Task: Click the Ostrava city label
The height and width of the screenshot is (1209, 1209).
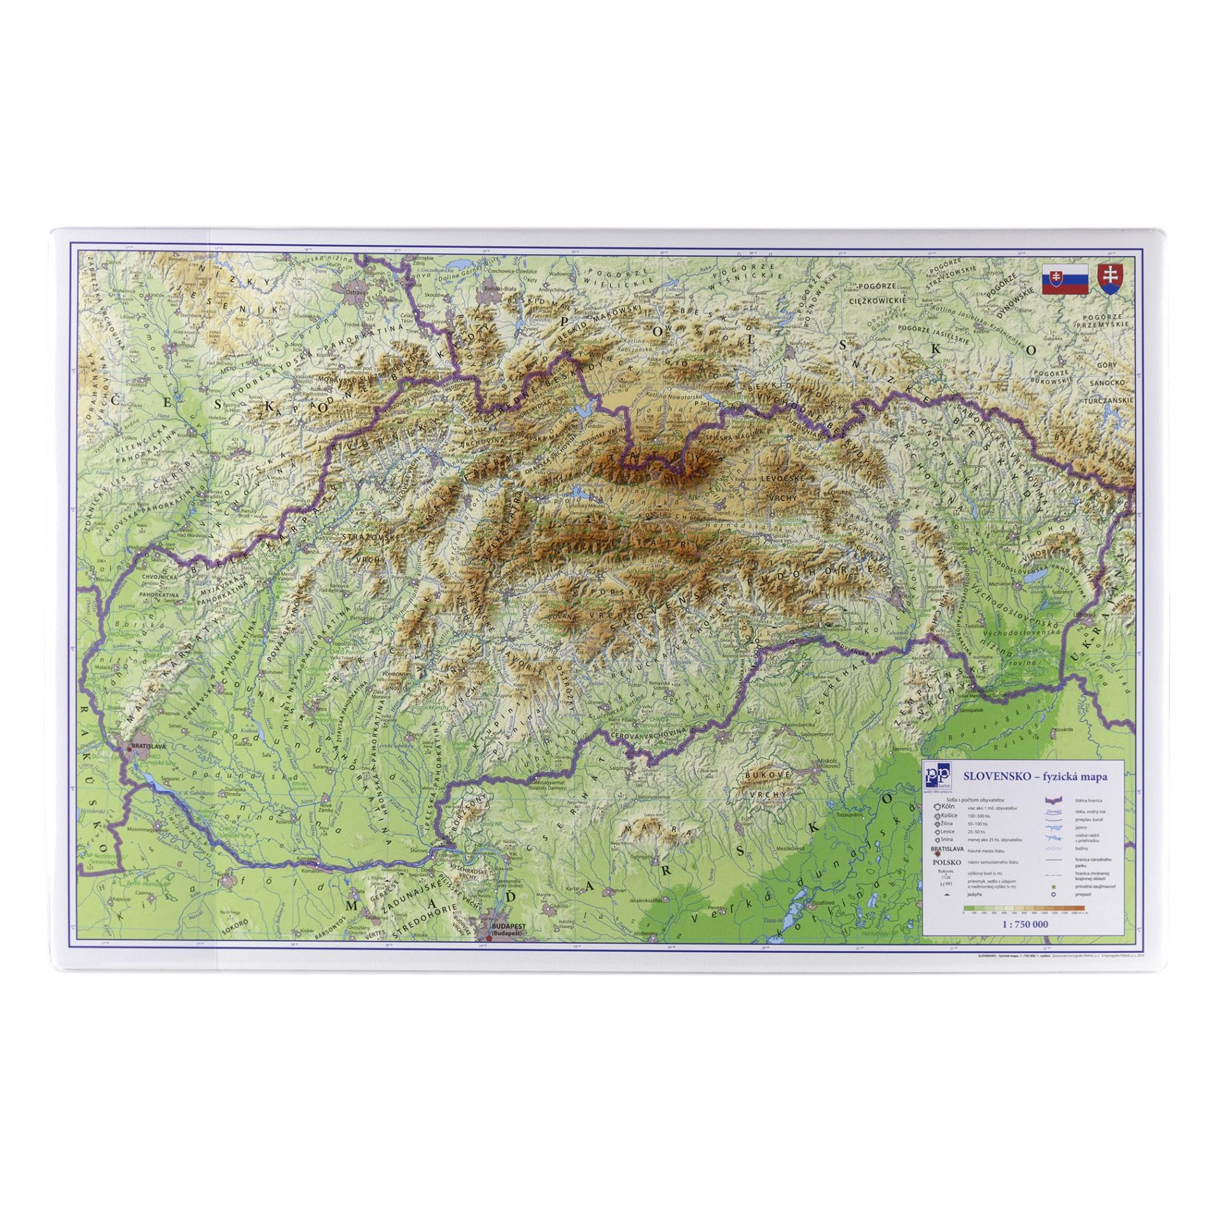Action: click(x=355, y=292)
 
